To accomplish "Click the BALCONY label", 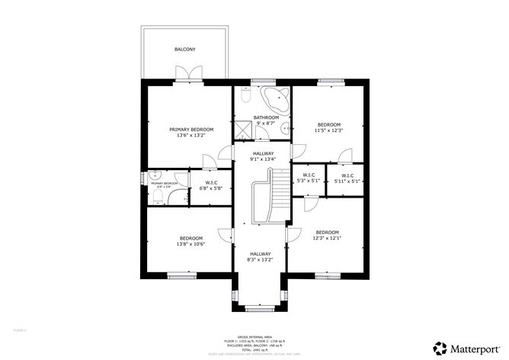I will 184,50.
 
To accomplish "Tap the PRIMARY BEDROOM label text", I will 191,130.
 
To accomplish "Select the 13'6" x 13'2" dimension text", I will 191,136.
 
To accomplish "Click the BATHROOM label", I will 261,117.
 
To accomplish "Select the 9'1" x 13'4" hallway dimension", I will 262,159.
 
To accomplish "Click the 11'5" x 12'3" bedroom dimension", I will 330,130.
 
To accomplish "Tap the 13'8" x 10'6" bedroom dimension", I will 190,244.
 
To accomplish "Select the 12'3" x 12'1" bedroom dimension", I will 327,238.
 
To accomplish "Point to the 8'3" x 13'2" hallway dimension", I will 259,260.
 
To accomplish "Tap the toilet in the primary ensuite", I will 156,196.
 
